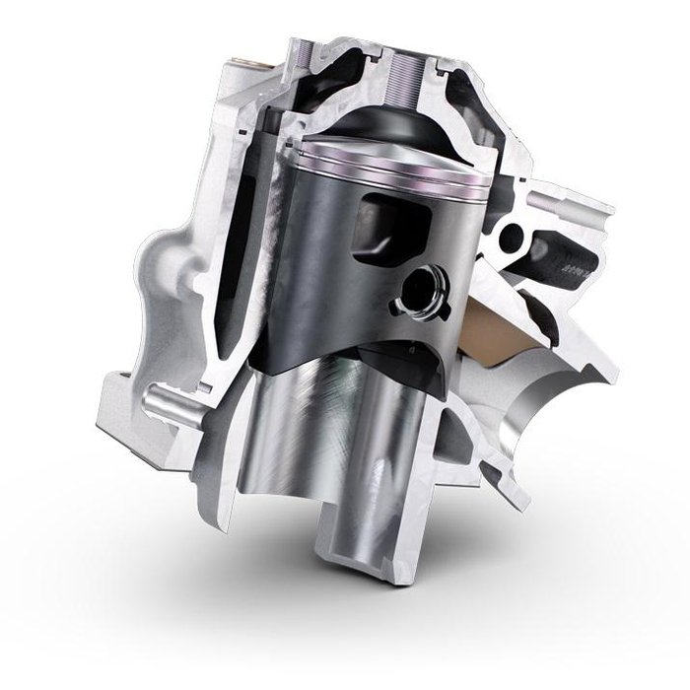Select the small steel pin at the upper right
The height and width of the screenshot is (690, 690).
click(x=540, y=198)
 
